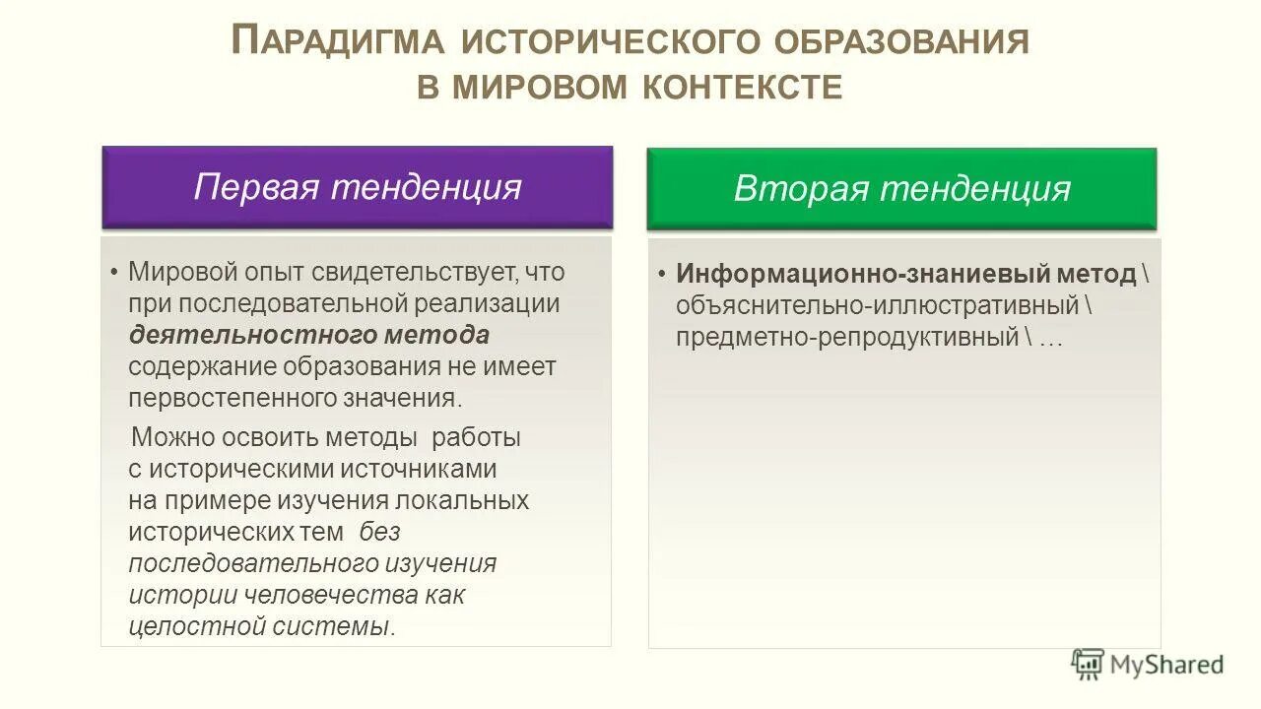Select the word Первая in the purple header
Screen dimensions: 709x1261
(255, 186)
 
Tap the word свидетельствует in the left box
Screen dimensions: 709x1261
(417, 271)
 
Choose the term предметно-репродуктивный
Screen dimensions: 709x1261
(847, 337)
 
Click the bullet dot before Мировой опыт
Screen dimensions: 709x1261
(115, 272)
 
